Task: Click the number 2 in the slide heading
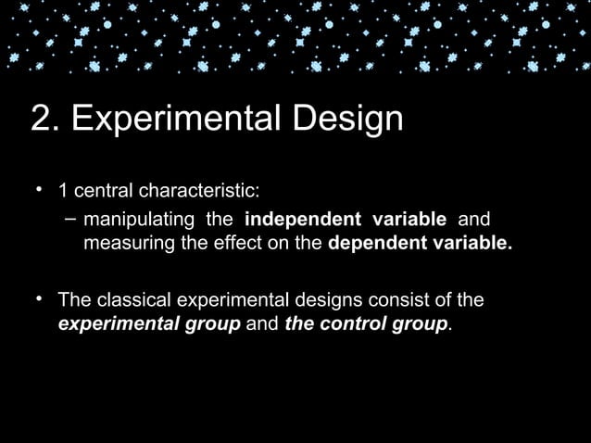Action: (x=42, y=120)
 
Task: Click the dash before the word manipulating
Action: (x=70, y=220)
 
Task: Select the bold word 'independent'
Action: (x=303, y=220)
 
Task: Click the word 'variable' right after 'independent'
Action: (x=409, y=220)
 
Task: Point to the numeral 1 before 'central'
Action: (x=63, y=192)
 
